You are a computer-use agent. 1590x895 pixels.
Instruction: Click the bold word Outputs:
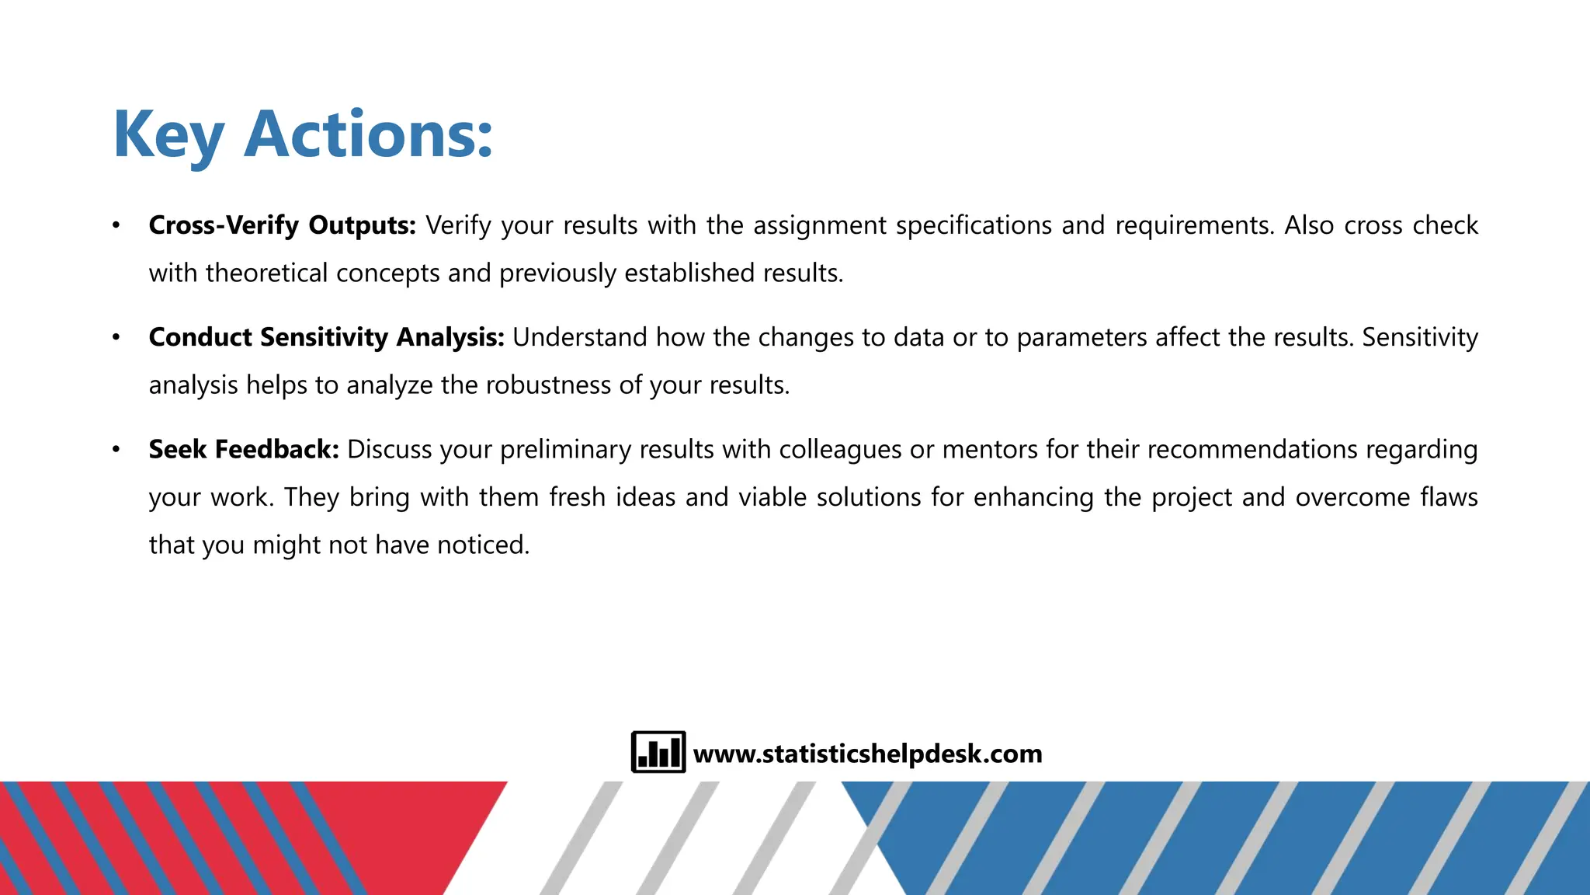coord(362,225)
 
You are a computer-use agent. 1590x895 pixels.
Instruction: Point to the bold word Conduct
coord(200,337)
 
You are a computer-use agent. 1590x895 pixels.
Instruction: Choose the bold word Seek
coord(178,449)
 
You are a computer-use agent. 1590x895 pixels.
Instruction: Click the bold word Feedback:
coord(276,449)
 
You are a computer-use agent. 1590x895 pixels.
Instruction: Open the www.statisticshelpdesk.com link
coord(867,754)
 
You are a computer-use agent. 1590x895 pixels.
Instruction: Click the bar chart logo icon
coord(658,752)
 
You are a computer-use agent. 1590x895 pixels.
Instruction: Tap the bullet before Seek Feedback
coord(116,449)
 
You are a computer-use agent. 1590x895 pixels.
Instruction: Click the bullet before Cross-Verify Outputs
coord(116,225)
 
